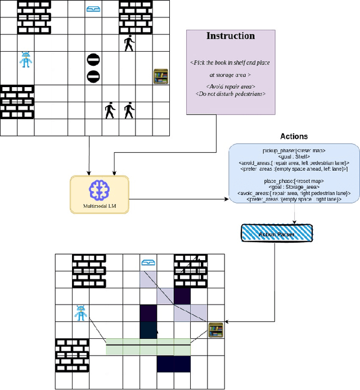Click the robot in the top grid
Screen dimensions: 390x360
25,60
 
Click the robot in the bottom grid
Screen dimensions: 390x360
81,313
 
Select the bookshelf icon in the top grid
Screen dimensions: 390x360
161,76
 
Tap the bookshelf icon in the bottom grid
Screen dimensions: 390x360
215,330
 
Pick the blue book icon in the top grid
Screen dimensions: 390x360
93,8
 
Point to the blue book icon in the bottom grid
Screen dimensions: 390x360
148,262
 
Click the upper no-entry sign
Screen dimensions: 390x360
93,59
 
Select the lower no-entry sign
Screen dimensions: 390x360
93,76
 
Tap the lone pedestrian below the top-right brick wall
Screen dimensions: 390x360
129,43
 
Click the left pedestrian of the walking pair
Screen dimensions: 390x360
110,110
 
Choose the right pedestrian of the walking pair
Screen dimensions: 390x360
129,110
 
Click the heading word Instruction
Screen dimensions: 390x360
231,36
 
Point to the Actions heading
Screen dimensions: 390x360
294,137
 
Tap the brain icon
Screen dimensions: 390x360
99,191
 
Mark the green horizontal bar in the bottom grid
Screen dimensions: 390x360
148,350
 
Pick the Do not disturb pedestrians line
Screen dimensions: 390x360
231,93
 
